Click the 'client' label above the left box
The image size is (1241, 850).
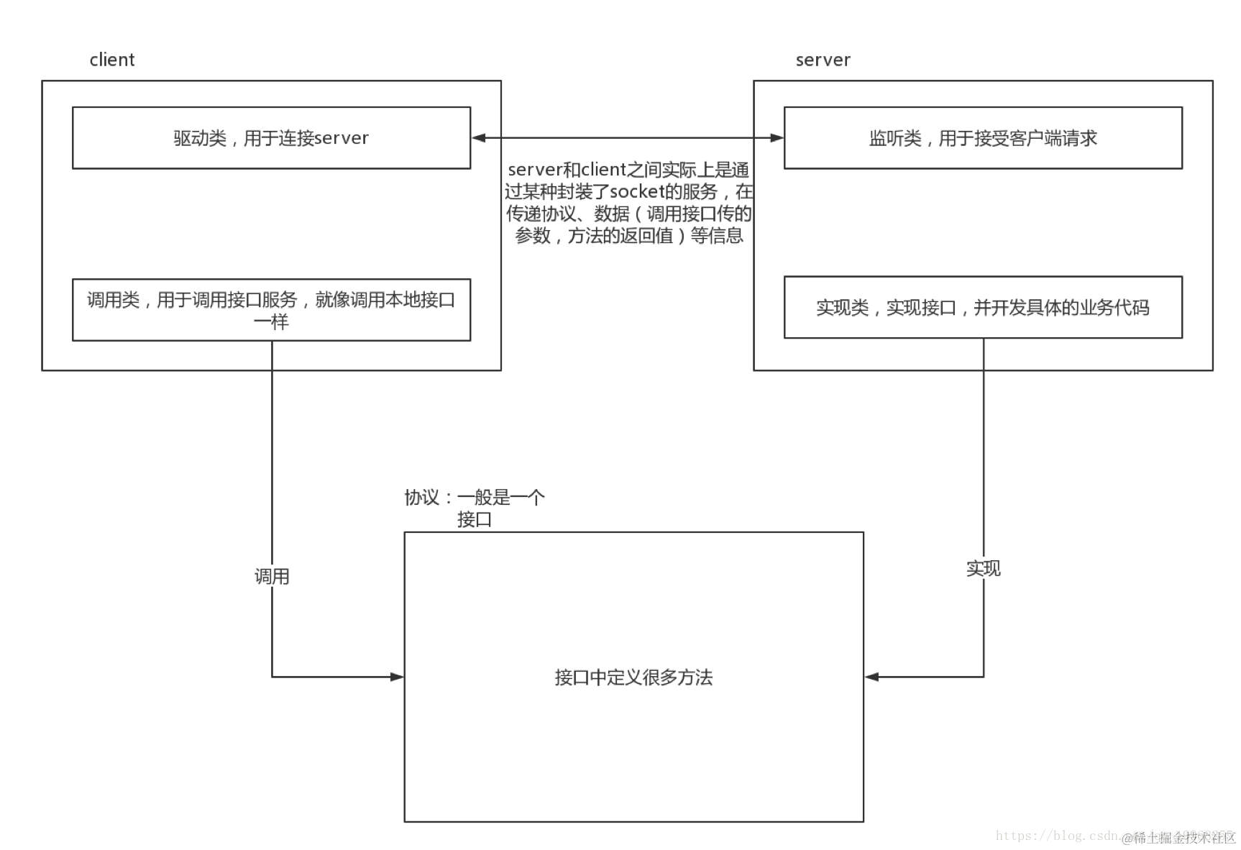(x=111, y=60)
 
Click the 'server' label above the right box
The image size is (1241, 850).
(x=823, y=60)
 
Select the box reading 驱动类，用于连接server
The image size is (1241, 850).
(x=271, y=138)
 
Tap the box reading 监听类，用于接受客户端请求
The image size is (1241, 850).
(x=982, y=138)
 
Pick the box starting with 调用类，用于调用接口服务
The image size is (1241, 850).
(x=271, y=310)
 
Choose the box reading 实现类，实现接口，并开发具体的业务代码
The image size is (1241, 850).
(x=982, y=308)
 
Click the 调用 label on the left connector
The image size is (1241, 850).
(x=272, y=576)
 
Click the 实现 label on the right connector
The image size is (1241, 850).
(x=983, y=568)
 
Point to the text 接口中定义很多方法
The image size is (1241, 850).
(x=633, y=677)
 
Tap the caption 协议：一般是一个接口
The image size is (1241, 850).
(x=475, y=508)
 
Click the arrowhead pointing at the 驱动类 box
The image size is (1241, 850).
(x=479, y=138)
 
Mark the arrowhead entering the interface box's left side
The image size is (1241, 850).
(x=396, y=677)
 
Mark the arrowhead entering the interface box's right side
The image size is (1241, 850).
(x=872, y=677)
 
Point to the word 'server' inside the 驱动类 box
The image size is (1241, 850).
(x=342, y=138)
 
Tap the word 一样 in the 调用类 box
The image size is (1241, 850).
(x=271, y=321)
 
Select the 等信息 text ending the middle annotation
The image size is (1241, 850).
(x=717, y=236)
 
